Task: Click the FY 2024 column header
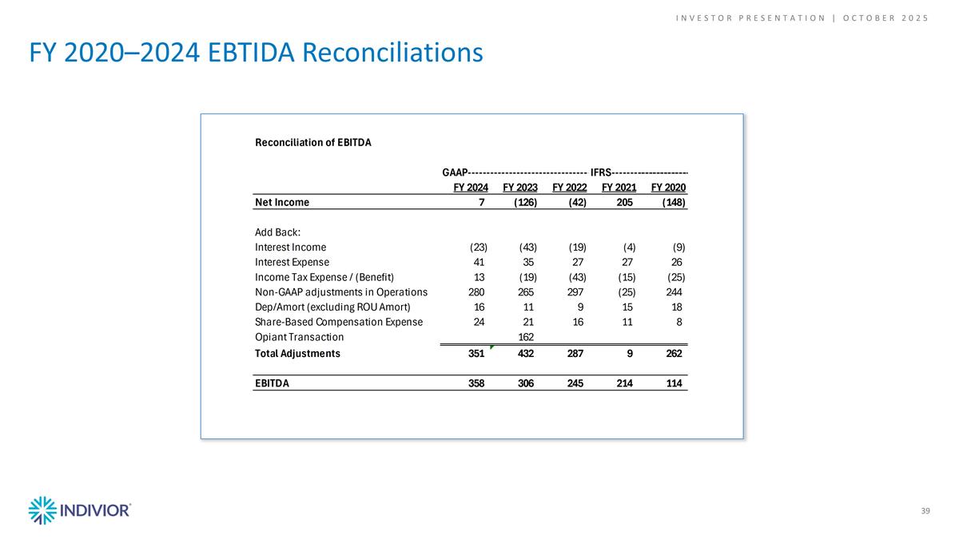(x=471, y=187)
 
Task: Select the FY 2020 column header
(x=669, y=187)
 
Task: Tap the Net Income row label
(x=281, y=202)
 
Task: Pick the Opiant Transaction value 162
(x=526, y=337)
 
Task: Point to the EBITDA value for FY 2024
(x=476, y=382)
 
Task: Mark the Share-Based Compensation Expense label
(x=338, y=322)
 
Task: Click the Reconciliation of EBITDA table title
(x=313, y=143)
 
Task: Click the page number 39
(x=925, y=511)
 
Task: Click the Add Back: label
(x=278, y=232)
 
